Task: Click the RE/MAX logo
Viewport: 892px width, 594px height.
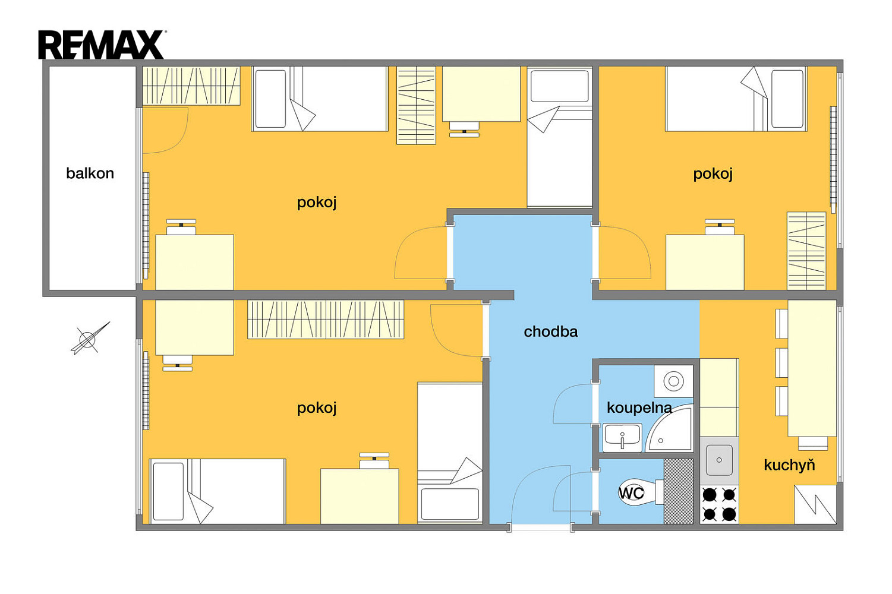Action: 102,44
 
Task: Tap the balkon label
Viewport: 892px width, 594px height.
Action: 90,173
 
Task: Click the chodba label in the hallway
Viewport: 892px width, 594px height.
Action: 551,331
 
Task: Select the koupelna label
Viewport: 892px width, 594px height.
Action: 639,407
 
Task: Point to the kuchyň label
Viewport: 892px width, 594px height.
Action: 789,465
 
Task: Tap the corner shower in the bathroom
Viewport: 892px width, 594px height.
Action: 670,428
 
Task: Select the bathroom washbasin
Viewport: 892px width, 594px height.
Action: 622,438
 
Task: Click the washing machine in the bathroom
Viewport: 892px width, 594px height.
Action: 673,381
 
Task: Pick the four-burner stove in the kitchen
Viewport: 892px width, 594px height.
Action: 719,504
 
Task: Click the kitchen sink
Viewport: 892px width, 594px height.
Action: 719,460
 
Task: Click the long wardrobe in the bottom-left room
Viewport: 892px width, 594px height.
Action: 326,320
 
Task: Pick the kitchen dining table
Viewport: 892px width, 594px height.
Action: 812,368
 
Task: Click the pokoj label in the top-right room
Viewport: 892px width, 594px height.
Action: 713,174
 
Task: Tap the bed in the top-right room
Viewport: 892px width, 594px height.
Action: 736,99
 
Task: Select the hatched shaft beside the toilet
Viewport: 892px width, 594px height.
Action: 679,491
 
